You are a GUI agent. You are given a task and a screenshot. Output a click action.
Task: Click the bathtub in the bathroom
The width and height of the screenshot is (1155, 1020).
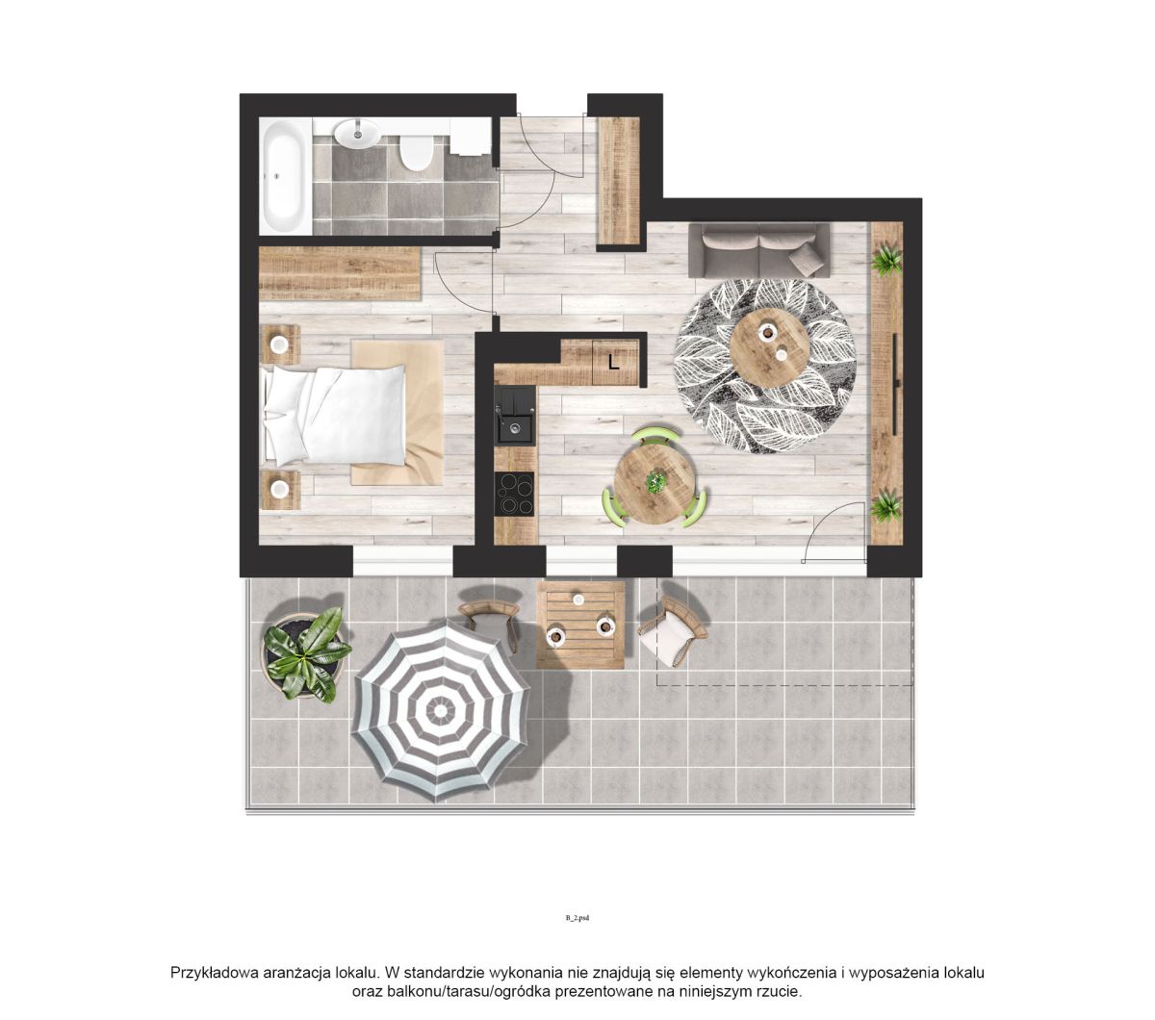coord(285,176)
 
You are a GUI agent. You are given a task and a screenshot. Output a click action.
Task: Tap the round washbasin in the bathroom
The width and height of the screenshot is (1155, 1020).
coord(357,134)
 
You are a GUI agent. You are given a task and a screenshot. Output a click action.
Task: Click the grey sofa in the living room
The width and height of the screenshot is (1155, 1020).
coord(758,250)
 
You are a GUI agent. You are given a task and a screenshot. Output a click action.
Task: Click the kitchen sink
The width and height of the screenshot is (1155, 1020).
coord(515,415)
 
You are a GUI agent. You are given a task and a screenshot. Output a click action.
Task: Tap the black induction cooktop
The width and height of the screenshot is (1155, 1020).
coord(514,494)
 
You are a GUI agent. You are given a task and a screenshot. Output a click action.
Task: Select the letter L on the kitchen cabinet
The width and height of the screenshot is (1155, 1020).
coord(613,362)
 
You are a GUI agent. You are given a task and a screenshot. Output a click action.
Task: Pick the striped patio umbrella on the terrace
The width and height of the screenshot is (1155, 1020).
coord(440,710)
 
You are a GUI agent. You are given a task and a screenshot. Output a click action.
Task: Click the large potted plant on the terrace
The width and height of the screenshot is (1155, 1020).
coord(306,654)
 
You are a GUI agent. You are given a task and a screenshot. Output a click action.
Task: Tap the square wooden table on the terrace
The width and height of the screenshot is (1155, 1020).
coord(580,625)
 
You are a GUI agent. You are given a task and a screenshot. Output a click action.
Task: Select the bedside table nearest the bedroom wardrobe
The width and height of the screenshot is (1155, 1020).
coord(280,344)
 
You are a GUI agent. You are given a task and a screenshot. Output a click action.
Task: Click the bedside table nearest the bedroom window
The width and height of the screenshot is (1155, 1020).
coord(280,489)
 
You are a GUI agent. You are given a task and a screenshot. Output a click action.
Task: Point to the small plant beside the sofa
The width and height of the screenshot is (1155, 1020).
coord(885,260)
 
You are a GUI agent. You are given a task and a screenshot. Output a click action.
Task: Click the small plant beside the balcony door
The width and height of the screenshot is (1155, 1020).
coord(885,504)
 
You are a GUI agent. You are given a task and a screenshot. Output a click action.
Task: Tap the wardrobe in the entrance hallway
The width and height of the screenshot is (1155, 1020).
coord(619,181)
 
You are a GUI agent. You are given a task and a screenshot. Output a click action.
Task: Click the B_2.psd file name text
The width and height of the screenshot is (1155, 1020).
coord(577,918)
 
